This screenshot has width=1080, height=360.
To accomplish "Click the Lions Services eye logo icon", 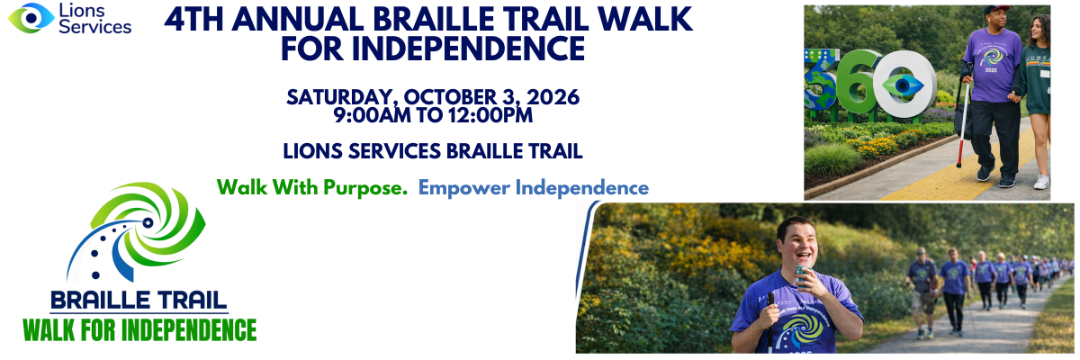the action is pos(31,18).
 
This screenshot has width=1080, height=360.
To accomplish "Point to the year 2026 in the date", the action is pos(553,97).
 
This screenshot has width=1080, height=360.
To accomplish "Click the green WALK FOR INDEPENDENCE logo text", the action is pos(139,330).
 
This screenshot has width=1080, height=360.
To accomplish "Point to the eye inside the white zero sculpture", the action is pos(903,85).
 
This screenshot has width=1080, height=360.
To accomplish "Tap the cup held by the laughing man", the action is pos(802,276).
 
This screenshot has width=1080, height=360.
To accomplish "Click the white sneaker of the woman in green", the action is pos(1041,182).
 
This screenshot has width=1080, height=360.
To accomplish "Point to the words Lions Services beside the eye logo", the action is pos(95,18).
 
